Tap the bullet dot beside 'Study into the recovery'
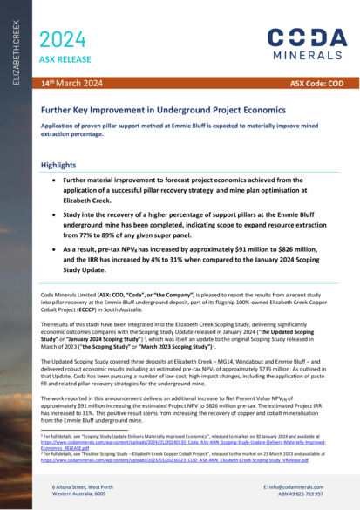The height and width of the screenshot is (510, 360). click(55, 212)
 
